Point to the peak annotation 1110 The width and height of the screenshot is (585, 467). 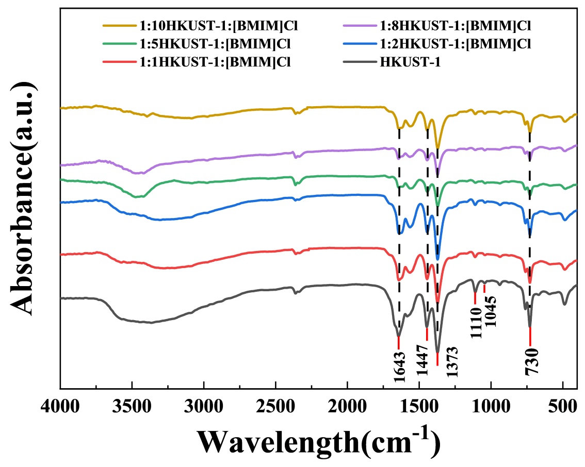pyautogui.click(x=476, y=323)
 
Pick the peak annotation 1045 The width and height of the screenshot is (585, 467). pyautogui.click(x=490, y=311)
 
